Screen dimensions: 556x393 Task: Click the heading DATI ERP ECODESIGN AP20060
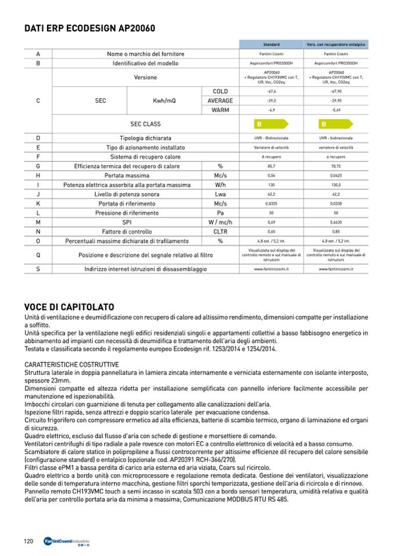90,27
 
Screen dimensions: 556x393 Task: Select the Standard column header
271,44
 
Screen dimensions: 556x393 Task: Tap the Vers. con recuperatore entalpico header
336,44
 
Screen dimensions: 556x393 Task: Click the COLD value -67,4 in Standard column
271,92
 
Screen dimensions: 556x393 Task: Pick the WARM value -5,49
336,110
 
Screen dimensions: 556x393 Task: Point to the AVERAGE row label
220,100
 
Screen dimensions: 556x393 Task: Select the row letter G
38,166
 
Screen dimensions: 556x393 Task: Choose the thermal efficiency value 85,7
271,166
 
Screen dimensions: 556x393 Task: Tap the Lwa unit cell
220,194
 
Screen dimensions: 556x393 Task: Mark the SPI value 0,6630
336,222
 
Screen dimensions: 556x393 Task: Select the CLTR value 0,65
271,231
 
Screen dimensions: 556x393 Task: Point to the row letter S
38,269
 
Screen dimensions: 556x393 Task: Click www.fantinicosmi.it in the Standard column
271,269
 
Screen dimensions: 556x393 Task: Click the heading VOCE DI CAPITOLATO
69,306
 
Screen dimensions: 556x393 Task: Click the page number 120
28,541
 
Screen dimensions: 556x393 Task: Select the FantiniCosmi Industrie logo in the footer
67,542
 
